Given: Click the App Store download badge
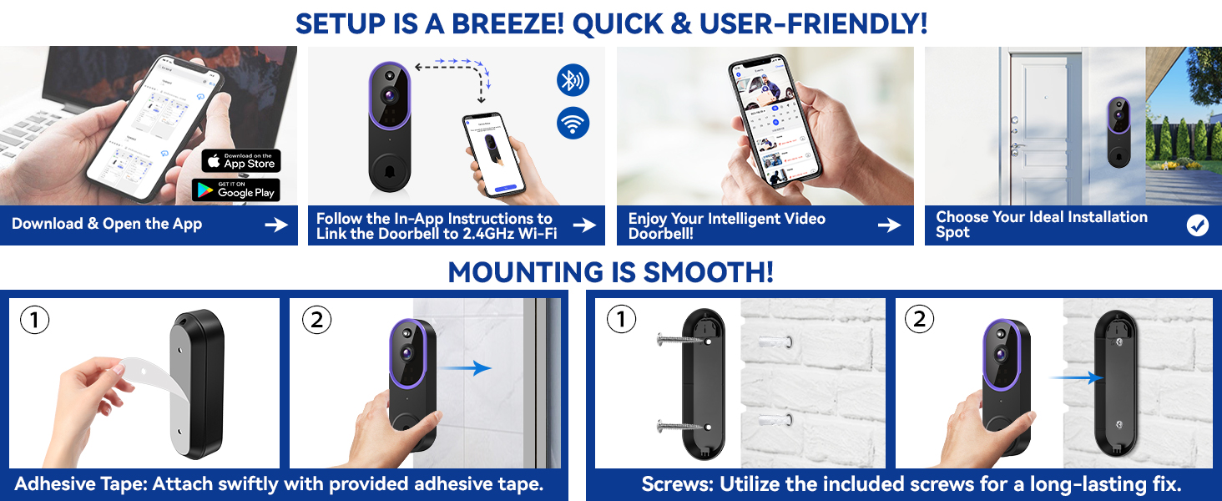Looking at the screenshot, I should pyautogui.click(x=240, y=160).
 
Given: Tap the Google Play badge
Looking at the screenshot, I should pyautogui.click(x=235, y=190).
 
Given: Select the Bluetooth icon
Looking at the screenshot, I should pyautogui.click(x=573, y=81).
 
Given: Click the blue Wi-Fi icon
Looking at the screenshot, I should pyautogui.click(x=573, y=124).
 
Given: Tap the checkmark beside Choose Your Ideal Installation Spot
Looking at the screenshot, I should pyautogui.click(x=1197, y=225).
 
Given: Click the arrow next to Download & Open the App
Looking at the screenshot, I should pyautogui.click(x=275, y=225).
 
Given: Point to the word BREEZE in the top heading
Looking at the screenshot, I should pyautogui.click(x=498, y=23).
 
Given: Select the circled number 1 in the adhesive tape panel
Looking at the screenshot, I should pyautogui.click(x=34, y=320).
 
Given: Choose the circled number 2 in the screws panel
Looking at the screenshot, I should pyautogui.click(x=919, y=320).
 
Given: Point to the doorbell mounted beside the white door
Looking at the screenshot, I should pyautogui.click(x=1118, y=131).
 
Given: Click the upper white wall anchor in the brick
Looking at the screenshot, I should pyautogui.click(x=771, y=342).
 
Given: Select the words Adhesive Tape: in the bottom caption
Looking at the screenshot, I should pyautogui.click(x=79, y=483).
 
